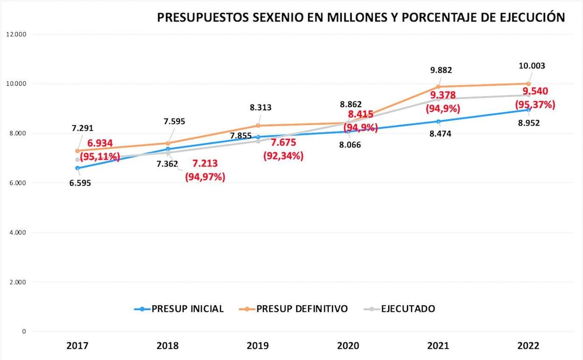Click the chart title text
click(x=361, y=17)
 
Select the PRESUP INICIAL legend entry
click(x=179, y=309)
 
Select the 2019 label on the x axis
click(x=258, y=346)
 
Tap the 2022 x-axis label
click(x=528, y=346)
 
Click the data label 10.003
click(x=532, y=66)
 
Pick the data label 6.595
click(x=80, y=183)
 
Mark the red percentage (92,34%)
click(x=284, y=156)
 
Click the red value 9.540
click(x=535, y=91)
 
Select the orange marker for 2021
click(x=438, y=86)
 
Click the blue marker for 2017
click(x=78, y=168)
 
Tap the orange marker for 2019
click(x=258, y=126)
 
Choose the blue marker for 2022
click(x=528, y=110)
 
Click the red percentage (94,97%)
click(x=205, y=177)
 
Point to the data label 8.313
click(x=261, y=108)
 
